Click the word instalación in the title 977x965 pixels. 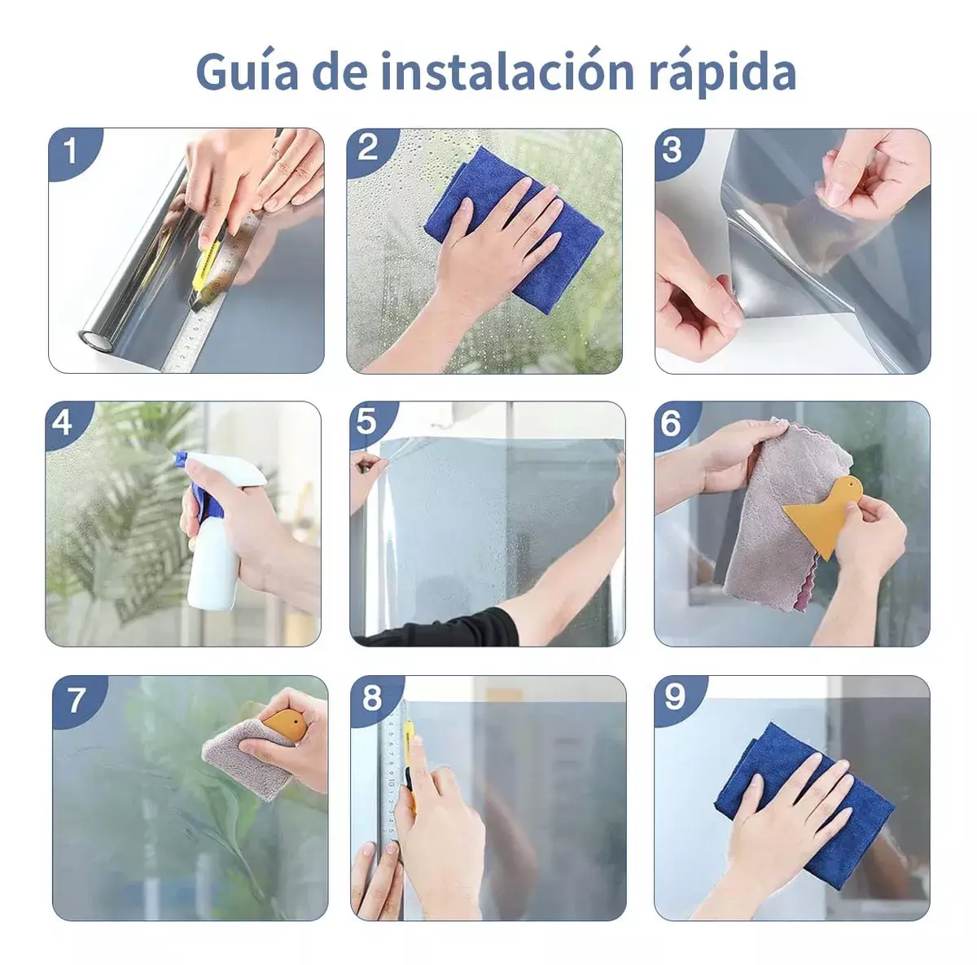507,71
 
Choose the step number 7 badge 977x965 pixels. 77,700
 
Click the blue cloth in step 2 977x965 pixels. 512,230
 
